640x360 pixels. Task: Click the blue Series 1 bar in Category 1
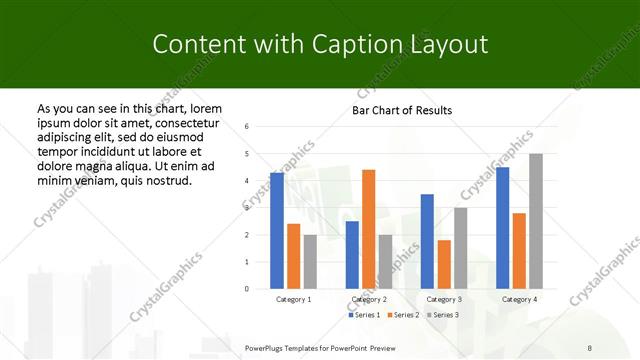point(277,231)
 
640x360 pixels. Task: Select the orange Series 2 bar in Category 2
point(368,229)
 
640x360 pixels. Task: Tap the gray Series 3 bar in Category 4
point(536,221)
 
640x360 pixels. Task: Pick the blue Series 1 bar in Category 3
point(427,241)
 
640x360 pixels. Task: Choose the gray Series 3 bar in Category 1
point(310,262)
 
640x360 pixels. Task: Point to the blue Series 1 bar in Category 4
point(502,228)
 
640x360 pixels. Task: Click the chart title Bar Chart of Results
point(402,110)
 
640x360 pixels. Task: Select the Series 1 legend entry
point(365,315)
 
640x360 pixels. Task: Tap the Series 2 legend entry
point(402,315)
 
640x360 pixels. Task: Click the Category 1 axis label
point(293,299)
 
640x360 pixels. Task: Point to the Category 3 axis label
point(444,299)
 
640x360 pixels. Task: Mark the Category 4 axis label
point(519,299)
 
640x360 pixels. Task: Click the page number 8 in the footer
point(589,348)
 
